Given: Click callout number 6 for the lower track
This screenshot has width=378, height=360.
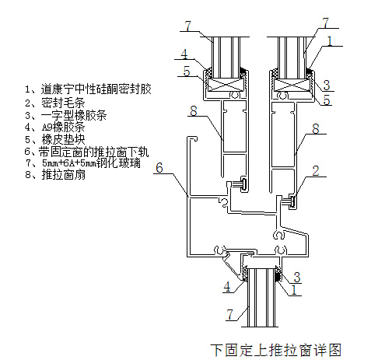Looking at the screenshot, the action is [159, 167].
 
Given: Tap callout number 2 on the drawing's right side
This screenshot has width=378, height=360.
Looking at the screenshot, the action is [316, 171].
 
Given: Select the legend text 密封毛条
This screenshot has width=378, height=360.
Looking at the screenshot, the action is [63, 103].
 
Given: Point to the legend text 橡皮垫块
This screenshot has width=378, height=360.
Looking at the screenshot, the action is [63, 139].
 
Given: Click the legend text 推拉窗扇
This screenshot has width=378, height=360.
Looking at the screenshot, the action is [63, 175].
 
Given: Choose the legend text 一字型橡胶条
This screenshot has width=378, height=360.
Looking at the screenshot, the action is [74, 115].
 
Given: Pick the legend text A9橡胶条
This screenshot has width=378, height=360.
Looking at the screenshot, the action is [63, 127].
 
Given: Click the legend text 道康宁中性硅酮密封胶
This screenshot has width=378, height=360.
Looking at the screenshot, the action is [96, 89].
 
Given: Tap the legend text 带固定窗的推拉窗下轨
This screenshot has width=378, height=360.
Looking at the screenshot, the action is [93, 152].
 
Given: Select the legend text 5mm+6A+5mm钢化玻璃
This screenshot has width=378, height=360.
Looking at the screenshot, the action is [91, 163].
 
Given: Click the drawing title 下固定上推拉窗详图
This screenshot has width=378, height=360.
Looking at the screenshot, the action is [275, 350].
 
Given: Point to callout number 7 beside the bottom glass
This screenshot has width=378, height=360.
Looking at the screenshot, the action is [230, 314].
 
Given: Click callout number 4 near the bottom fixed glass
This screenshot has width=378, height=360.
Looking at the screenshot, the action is [227, 287].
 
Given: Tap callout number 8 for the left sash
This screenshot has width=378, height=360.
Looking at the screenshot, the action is [194, 110].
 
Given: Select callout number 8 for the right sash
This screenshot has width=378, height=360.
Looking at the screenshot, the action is [316, 128].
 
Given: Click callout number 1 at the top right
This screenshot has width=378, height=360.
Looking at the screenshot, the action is [330, 41].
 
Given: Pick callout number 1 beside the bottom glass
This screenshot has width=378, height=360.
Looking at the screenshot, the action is [294, 290].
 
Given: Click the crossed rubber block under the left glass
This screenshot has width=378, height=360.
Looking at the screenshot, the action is [226, 85].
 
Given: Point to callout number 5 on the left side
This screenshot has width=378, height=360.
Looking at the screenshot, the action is [187, 72].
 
